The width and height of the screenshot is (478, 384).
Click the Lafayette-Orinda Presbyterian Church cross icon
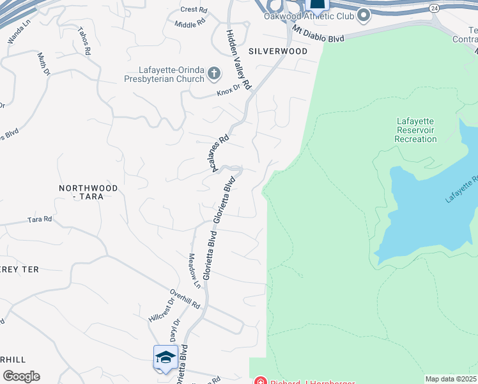click(214, 74)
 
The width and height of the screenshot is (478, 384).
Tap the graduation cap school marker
click(166, 357)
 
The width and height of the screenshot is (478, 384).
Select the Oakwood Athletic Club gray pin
click(363, 14)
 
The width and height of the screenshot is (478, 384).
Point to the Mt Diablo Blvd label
click(318, 34)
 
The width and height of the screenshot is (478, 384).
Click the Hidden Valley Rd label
click(239, 58)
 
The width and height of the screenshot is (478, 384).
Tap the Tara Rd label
click(40, 220)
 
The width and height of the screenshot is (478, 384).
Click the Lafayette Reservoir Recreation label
click(416, 130)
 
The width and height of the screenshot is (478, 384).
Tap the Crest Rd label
click(194, 10)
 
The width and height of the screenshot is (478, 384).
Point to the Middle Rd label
click(191, 22)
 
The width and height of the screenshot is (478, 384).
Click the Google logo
click(21, 376)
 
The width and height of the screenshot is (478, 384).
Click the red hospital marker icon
click(261, 381)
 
